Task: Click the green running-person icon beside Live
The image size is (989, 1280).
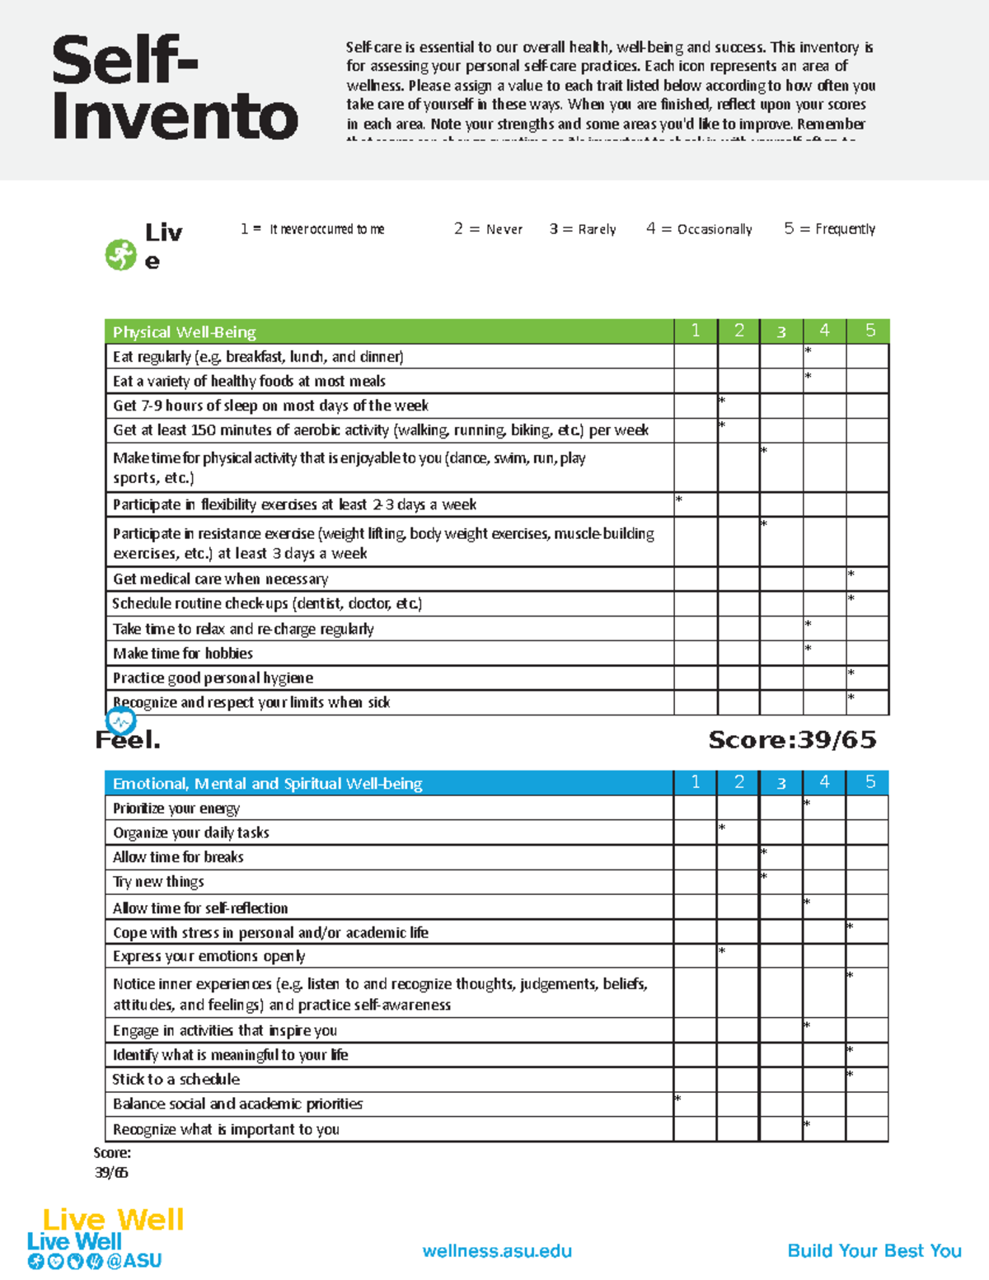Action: click(x=120, y=255)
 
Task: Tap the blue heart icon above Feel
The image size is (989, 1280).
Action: click(x=121, y=722)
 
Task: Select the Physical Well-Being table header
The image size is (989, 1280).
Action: click(x=185, y=332)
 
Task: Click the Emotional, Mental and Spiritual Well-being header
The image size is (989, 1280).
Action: click(x=267, y=784)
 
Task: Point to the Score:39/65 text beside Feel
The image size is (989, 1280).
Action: click(x=792, y=740)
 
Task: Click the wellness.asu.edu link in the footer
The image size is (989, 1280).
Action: click(x=497, y=1251)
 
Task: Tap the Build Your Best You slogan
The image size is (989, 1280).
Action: click(x=874, y=1251)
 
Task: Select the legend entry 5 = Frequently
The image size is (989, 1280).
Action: click(x=829, y=229)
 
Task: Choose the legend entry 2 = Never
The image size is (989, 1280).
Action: click(x=488, y=229)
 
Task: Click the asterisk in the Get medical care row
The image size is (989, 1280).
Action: click(x=851, y=574)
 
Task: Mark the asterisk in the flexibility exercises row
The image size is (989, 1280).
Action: click(x=679, y=499)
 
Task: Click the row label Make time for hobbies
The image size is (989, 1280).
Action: click(x=183, y=654)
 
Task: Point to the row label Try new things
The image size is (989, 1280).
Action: click(x=158, y=882)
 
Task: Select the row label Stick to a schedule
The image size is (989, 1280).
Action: click(x=176, y=1080)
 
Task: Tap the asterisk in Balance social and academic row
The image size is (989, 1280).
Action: click(x=677, y=1099)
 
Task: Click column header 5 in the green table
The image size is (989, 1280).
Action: click(x=869, y=331)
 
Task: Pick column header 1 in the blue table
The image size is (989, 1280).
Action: click(x=696, y=782)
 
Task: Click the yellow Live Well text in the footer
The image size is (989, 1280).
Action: click(x=113, y=1219)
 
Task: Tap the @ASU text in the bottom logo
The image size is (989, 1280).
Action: click(x=134, y=1261)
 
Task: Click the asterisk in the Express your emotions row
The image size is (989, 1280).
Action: click(x=721, y=951)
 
